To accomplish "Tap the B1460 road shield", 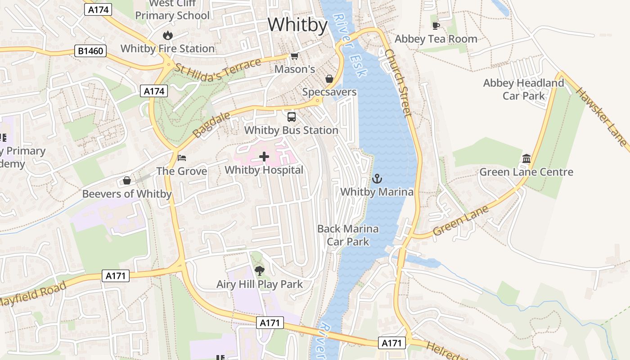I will [x=90, y=51].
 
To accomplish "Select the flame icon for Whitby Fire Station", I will [x=167, y=35].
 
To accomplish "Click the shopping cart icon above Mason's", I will [x=294, y=56].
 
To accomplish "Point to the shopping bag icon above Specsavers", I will [x=329, y=79].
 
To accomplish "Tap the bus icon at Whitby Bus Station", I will [x=291, y=117].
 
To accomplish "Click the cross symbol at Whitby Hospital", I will [x=264, y=157].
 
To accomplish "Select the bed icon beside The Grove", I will [x=182, y=157].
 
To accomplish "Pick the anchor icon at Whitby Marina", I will [x=377, y=179].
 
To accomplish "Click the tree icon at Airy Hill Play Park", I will [x=259, y=270].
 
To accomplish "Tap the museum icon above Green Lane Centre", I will [x=526, y=158].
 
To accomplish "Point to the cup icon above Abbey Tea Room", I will [x=436, y=26].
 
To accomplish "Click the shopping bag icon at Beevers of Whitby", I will [x=127, y=180].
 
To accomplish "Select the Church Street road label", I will [x=399, y=83].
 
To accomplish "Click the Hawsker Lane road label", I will [x=601, y=117].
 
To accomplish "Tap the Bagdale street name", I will [x=211, y=126].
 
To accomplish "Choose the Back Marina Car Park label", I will [x=348, y=235].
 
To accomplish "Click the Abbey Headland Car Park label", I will [x=523, y=89].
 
